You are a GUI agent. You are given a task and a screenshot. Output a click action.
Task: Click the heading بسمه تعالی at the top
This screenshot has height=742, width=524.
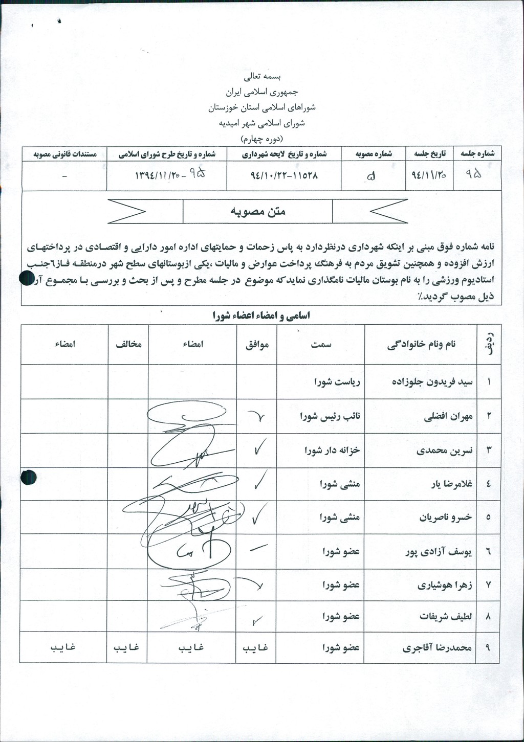(x=261, y=77)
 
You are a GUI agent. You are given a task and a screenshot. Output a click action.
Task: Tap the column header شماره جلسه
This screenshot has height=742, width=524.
(x=477, y=153)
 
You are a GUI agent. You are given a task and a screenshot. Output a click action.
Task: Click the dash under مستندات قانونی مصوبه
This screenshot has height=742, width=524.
(x=64, y=175)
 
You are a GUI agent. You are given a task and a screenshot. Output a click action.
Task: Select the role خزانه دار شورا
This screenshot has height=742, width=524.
(x=332, y=450)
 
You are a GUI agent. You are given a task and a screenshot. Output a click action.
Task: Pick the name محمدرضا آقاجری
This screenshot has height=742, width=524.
(x=436, y=647)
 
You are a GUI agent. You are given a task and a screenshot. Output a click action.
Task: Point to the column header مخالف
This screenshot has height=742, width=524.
(x=128, y=345)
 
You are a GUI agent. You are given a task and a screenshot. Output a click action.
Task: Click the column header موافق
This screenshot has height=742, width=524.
(x=257, y=345)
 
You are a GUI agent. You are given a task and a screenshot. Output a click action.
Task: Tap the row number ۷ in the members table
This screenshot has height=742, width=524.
(x=488, y=584)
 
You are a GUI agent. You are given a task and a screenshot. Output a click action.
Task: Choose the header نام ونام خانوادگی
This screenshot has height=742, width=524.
(x=421, y=345)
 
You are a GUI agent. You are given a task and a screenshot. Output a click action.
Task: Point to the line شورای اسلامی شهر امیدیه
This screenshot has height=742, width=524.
(x=261, y=123)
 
